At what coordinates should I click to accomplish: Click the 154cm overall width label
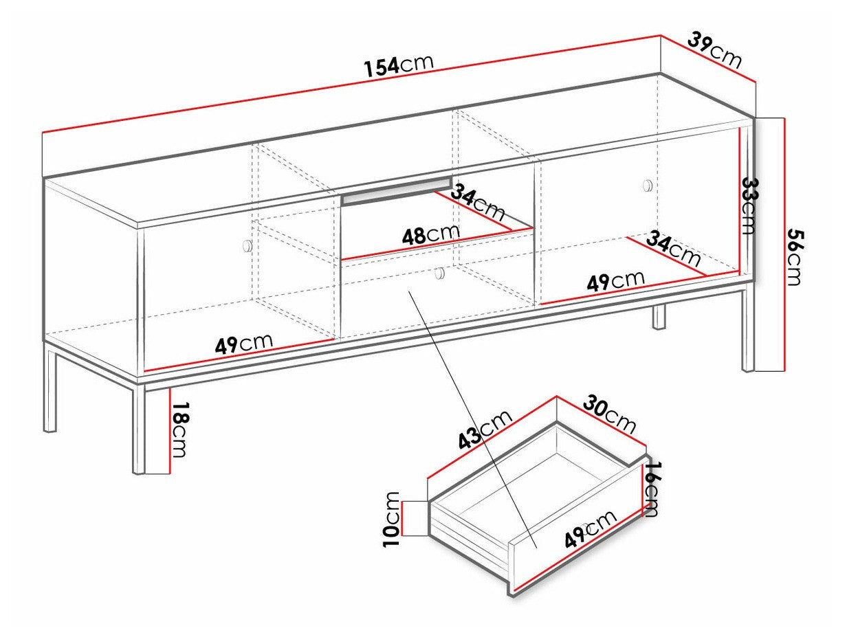[399, 65]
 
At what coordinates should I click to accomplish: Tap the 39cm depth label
[715, 50]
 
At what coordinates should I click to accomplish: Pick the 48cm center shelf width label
[430, 236]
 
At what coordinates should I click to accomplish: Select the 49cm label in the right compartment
[615, 281]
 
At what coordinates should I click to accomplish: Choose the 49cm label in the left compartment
[243, 343]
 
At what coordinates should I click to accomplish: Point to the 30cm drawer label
[610, 414]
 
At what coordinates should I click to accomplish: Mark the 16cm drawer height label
[652, 489]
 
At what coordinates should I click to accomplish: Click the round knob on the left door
[247, 245]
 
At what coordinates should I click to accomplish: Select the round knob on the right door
[647, 185]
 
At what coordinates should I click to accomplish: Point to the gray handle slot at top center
[397, 192]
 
